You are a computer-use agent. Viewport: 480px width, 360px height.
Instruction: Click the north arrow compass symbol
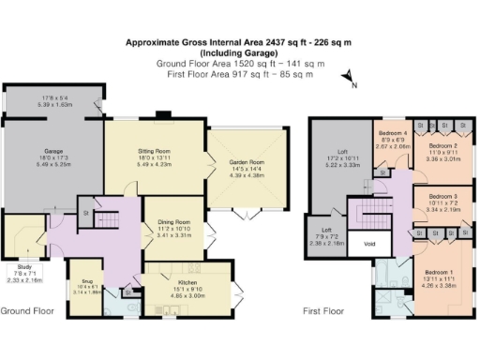click(x=348, y=79)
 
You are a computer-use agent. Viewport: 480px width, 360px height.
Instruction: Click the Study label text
click(x=14, y=269)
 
